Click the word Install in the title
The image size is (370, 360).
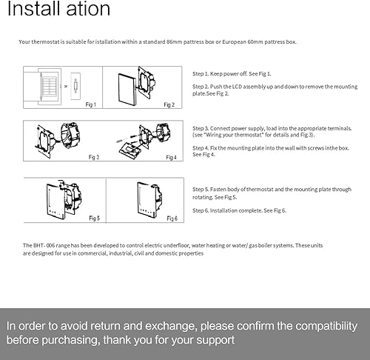[34, 9]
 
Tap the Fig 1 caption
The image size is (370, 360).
[90, 104]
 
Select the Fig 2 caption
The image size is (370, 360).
[169, 104]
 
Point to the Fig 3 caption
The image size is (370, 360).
[94, 157]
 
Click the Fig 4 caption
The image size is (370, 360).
[171, 157]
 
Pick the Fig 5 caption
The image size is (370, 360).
[94, 218]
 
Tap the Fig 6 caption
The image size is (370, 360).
[172, 219]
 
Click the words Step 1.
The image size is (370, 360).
[201, 74]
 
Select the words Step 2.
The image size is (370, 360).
[201, 87]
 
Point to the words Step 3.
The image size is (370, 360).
[201, 128]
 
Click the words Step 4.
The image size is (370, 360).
[201, 148]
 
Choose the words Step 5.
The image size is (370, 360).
[201, 190]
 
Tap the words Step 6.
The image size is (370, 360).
[201, 210]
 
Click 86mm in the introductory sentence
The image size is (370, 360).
[174, 41]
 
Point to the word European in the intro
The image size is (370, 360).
[234, 42]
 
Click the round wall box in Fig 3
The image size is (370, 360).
[71, 135]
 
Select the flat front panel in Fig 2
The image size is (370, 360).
[127, 89]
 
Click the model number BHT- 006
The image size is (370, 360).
[38, 245]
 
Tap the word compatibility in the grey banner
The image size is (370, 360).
[326, 327]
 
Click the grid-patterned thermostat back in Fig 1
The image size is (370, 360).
[49, 87]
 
